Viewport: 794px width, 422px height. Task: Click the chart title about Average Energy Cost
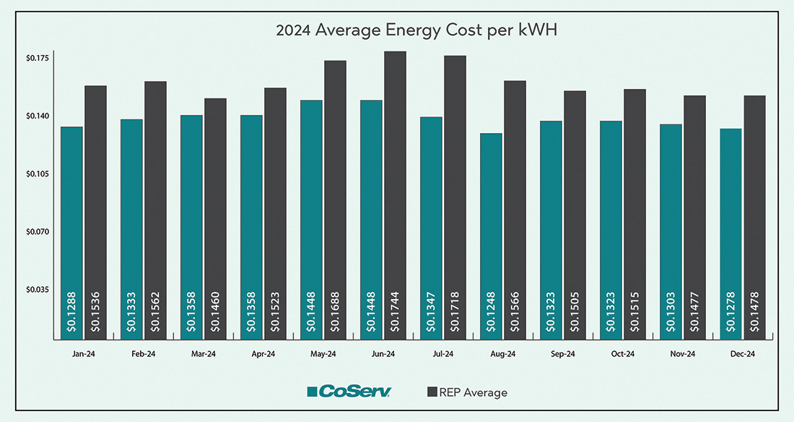tap(397, 32)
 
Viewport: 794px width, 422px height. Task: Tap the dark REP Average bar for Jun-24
tap(395, 195)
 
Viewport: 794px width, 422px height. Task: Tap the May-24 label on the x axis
tap(323, 354)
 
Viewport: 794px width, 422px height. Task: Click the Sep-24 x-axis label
tap(562, 354)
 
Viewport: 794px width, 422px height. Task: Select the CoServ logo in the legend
tap(349, 392)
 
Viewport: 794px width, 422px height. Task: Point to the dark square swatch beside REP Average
tap(432, 392)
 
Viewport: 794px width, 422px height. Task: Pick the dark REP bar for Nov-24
tap(694, 217)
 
